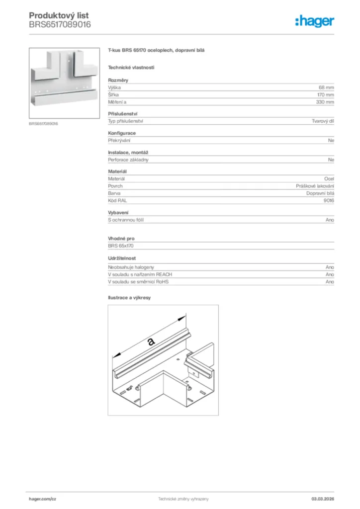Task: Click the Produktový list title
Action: tap(59, 16)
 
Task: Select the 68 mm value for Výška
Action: tap(326, 87)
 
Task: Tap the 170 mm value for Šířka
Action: tap(325, 94)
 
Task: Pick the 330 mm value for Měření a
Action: tap(325, 102)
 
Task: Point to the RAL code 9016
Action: tap(329, 200)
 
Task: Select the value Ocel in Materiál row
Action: tap(329, 178)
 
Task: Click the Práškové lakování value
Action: tap(315, 185)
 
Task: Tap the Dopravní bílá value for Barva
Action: tap(320, 193)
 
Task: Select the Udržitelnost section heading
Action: tap(122, 258)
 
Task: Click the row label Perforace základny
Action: tap(128, 160)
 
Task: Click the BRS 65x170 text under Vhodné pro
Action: tap(121, 246)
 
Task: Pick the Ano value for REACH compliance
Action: tap(330, 274)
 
